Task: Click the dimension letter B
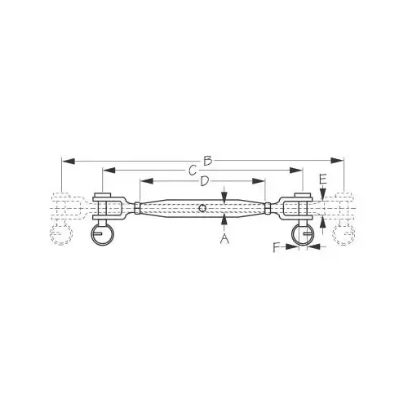208,161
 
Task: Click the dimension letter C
193,171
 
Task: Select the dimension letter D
204,181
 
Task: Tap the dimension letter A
224,239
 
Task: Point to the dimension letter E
322,180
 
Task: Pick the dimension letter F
277,248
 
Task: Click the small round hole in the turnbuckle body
202,208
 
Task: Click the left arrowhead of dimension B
69,161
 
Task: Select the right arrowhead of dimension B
337,161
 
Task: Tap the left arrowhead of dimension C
109,171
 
